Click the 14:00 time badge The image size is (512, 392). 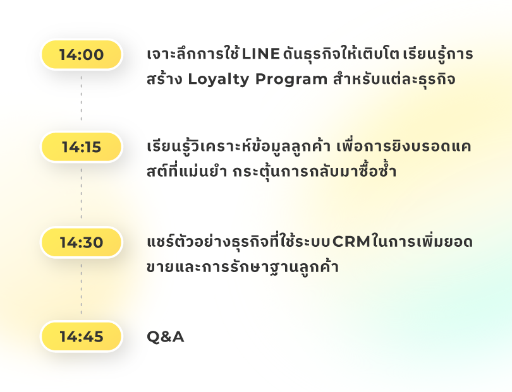[x=82, y=54]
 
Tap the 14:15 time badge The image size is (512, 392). [x=82, y=146]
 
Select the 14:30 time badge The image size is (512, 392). [x=82, y=242]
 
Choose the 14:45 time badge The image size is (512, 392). [x=82, y=336]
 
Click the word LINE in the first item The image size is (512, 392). [x=260, y=54]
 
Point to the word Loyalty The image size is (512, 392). [x=218, y=80]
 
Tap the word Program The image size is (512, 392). [x=291, y=80]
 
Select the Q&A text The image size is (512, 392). [x=165, y=336]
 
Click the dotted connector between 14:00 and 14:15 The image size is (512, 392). [x=82, y=98]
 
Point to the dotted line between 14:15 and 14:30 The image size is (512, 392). [x=82, y=193]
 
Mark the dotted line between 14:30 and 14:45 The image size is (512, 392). [x=82, y=289]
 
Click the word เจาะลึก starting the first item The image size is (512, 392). [x=172, y=54]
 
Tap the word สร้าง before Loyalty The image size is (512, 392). [x=164, y=80]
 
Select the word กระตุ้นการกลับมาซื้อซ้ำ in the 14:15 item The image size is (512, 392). [x=314, y=171]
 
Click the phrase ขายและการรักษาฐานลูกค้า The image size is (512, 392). [x=243, y=267]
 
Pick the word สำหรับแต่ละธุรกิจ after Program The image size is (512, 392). [x=394, y=80]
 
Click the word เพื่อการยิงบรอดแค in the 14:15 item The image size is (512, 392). [x=403, y=146]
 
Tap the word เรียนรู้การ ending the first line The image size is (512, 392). [x=438, y=54]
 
